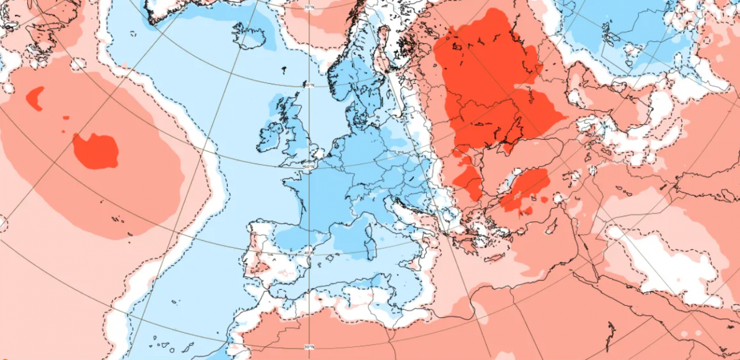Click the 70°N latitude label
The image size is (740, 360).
coord(309,8)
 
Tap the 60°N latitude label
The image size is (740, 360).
coord(310,85)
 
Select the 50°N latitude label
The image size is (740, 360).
coord(309,168)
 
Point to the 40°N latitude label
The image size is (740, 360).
coord(309,253)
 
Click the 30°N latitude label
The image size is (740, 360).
coord(309,347)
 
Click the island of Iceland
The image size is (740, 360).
coord(250,36)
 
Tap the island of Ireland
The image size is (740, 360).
coord(269,137)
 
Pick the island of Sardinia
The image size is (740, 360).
coord(369,250)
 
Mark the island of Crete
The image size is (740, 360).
coord(497,258)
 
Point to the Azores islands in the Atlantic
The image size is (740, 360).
coord(119,220)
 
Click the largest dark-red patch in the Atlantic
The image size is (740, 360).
coord(96,151)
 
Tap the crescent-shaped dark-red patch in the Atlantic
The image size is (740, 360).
coord(35,98)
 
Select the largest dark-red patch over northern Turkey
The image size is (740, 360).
coord(525,188)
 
